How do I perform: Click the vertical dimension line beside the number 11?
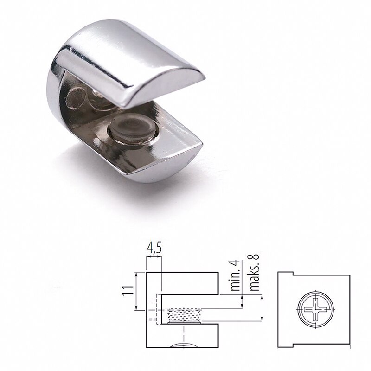point(136,291)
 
